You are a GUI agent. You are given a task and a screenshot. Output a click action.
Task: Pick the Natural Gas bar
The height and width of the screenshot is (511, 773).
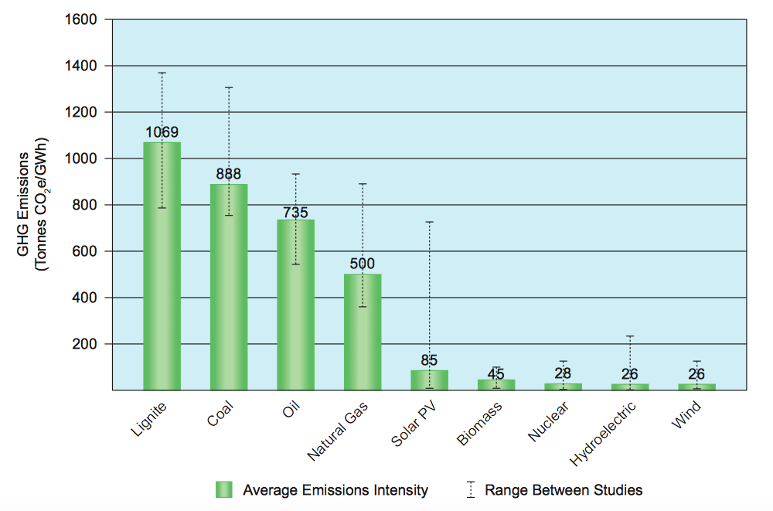362,332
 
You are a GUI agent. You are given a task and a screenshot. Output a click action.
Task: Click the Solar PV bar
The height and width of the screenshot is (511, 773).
429,380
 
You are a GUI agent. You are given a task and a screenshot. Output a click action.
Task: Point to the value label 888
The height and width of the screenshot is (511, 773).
229,175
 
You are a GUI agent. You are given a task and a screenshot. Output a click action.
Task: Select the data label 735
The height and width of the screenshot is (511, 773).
295,210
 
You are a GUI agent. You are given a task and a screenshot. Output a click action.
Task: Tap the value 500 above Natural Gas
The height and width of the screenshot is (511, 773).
362,264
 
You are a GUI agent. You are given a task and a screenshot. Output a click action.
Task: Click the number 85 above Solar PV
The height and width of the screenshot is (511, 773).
429,360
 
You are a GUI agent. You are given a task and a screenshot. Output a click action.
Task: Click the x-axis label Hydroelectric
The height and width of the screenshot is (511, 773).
604,434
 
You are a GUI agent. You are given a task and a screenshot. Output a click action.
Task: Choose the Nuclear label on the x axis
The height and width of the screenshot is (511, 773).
548,422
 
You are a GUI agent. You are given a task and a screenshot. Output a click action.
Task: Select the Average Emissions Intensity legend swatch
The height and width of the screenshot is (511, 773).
223,489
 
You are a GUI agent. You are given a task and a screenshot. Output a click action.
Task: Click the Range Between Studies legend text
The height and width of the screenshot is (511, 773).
564,489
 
